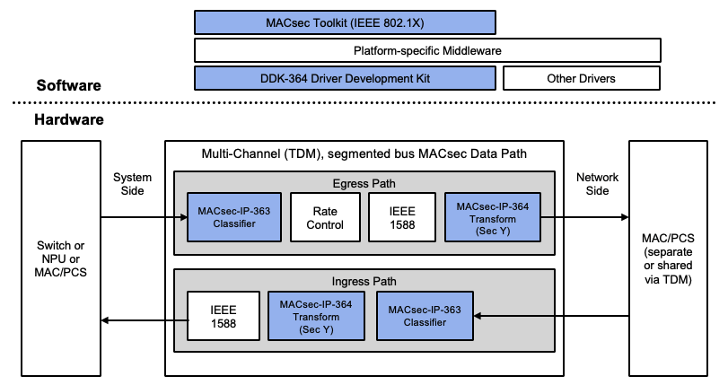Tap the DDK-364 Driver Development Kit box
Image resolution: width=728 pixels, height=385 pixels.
click(345, 78)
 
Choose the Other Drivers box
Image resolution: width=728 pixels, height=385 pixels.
click(581, 78)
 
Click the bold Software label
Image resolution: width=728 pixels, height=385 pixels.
click(68, 86)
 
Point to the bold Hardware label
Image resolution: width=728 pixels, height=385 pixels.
click(69, 119)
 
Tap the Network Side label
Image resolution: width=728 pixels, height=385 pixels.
click(592, 185)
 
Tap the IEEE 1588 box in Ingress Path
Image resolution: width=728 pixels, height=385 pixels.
click(224, 317)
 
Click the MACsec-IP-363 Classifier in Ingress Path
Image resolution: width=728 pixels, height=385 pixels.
click(425, 316)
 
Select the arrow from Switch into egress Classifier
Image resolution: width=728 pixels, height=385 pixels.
click(144, 217)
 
